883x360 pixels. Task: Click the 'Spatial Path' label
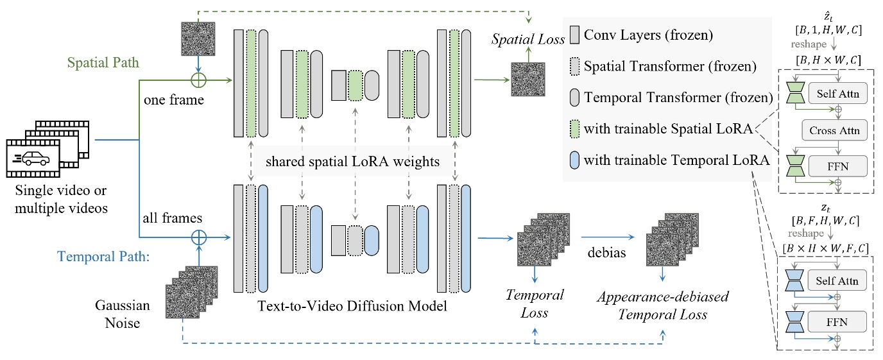point(103,64)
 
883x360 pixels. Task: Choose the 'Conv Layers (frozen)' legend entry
point(647,35)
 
